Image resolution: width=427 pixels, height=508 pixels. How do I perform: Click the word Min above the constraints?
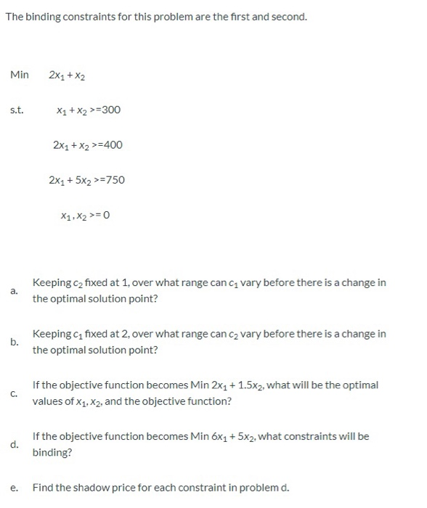[20, 74]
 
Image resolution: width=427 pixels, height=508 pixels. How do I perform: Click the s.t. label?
[17, 110]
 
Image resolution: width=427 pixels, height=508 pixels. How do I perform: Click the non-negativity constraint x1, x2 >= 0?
[86, 215]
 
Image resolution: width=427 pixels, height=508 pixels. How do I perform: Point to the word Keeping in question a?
[52, 282]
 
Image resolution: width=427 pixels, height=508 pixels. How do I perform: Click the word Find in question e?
[44, 487]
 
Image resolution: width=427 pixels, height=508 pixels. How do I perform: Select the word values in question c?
[48, 401]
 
